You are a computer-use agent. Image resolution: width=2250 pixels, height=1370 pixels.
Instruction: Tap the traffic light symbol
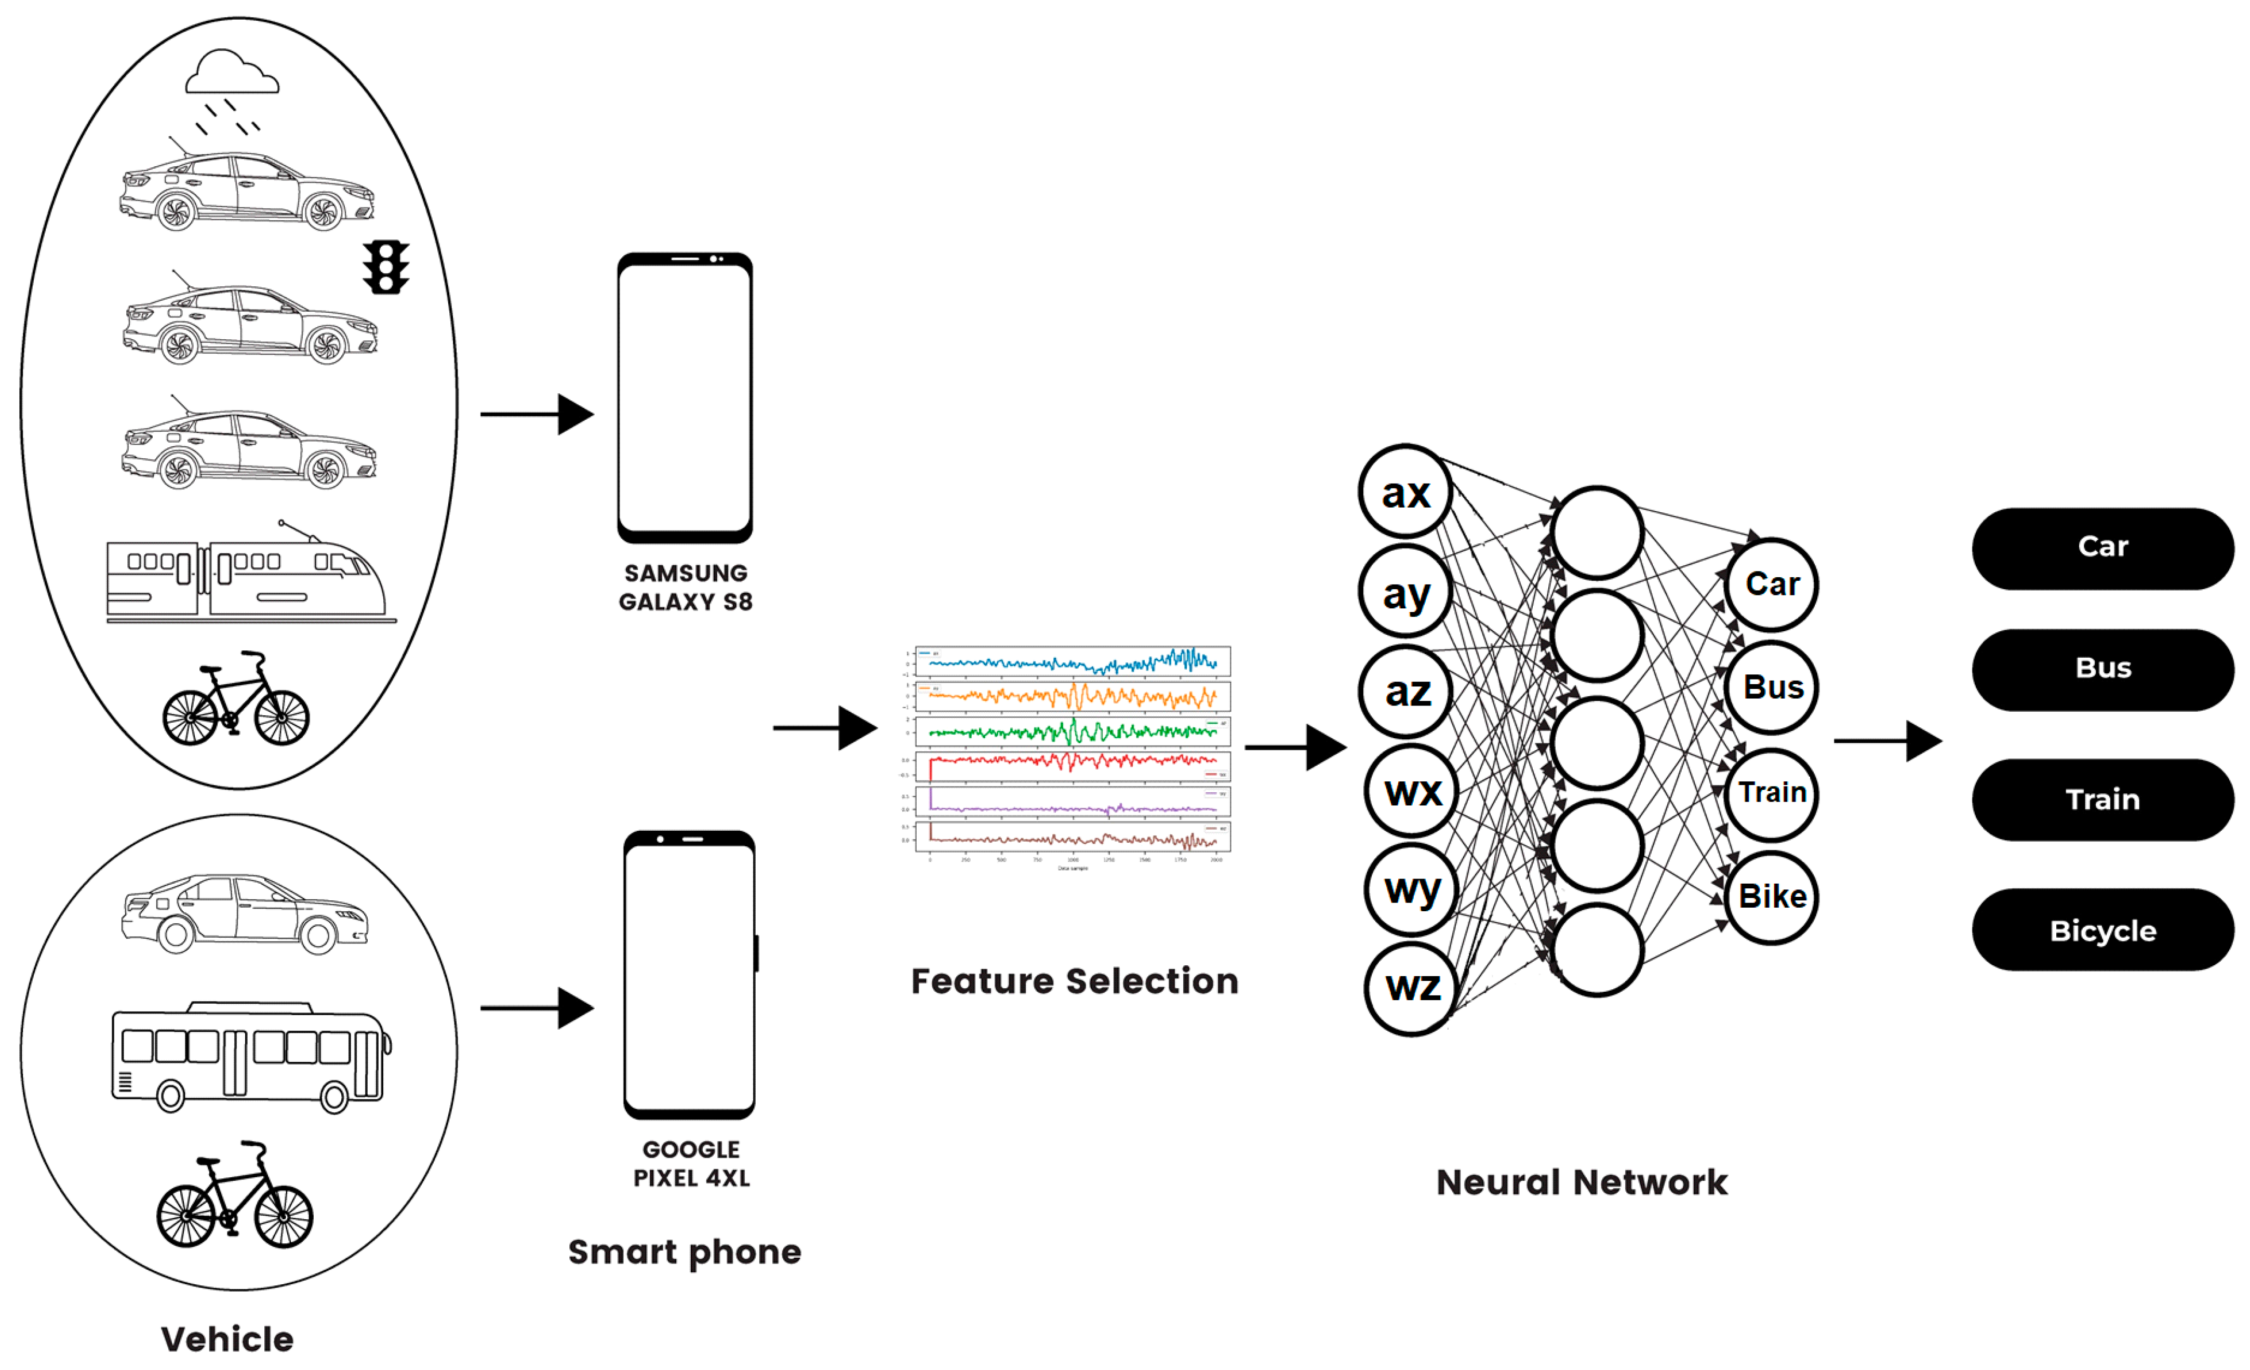(385, 267)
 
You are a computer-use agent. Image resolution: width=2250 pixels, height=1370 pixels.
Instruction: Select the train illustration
(248, 576)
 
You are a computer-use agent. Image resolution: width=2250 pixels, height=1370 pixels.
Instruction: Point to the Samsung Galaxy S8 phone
(685, 398)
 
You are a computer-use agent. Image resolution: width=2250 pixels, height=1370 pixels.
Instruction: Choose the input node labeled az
(1407, 691)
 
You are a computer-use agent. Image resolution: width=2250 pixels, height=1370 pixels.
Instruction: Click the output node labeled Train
(1772, 793)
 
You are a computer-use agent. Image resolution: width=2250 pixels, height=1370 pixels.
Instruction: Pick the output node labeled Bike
(1772, 897)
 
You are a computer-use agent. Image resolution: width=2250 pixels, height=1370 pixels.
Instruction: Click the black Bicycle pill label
(2102, 930)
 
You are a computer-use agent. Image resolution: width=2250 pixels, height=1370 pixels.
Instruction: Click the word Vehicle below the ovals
(227, 1339)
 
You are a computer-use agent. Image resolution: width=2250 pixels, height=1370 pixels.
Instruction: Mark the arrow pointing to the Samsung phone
(537, 415)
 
